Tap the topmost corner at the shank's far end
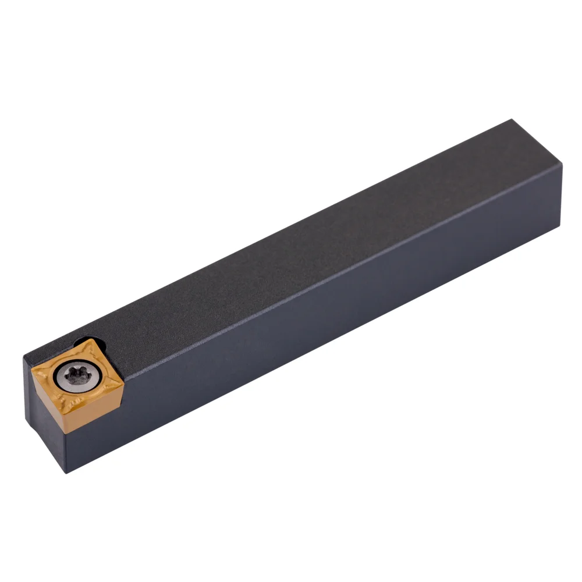click(512, 120)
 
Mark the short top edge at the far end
click(538, 143)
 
